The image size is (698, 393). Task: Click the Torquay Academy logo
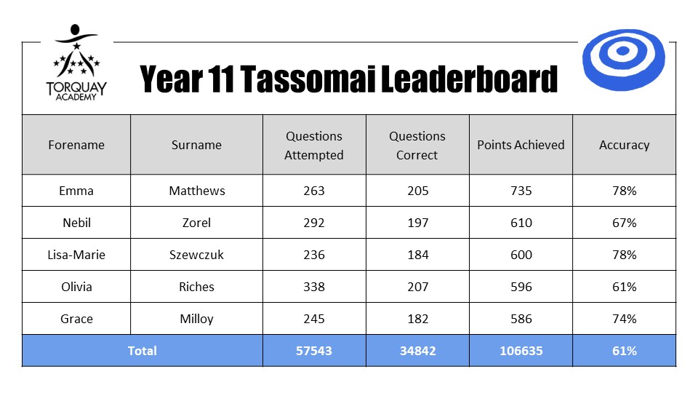[x=76, y=63]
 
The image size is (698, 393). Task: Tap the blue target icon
[x=624, y=60]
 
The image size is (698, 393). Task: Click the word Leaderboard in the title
[x=469, y=79]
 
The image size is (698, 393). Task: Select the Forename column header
[x=76, y=145]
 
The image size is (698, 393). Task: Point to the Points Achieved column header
[x=521, y=145]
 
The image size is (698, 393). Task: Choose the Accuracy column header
[x=624, y=145]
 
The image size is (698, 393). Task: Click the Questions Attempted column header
[x=314, y=146]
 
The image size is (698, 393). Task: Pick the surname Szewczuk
[x=196, y=255]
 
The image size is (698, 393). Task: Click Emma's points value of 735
[x=521, y=191]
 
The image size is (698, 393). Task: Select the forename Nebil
[x=76, y=223]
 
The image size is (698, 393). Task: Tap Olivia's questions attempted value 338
[x=314, y=287]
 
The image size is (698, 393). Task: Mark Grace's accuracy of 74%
[x=624, y=319]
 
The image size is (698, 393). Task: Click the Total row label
[x=142, y=351]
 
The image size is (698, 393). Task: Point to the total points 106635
[x=521, y=351]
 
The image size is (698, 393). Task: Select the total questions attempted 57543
[x=314, y=351]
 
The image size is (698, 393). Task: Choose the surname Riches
[x=196, y=287]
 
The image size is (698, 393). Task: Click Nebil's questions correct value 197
[x=417, y=223]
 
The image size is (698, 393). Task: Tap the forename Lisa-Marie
[x=76, y=255]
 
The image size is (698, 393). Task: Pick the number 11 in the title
[x=220, y=79]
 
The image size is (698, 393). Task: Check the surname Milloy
[x=196, y=319]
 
